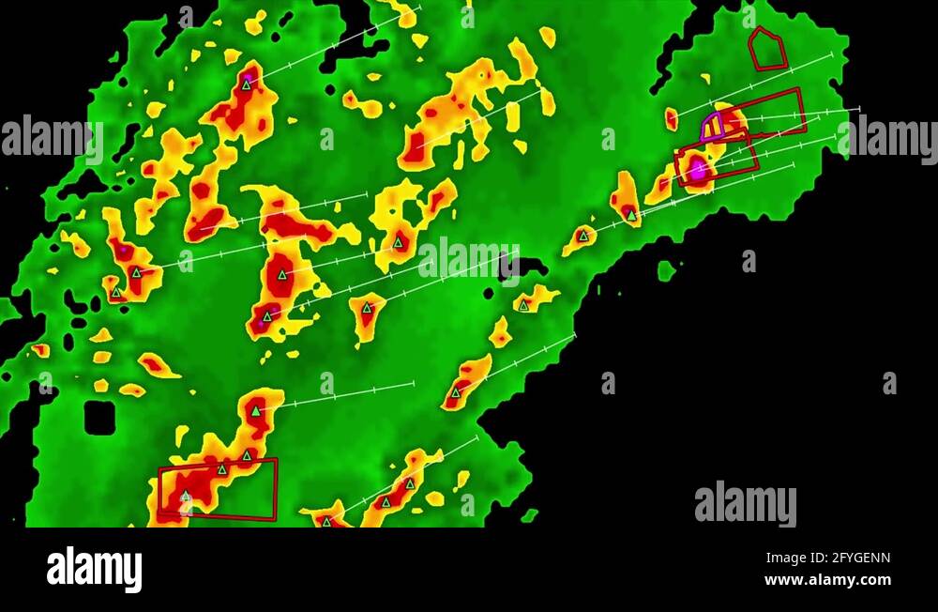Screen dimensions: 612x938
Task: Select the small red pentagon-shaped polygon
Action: [x=767, y=50]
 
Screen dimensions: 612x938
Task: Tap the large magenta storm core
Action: [x=698, y=170]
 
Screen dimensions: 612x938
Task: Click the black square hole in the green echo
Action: [x=99, y=418]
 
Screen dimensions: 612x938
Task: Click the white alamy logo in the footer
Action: [x=95, y=569]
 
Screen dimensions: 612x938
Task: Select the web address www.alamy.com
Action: [x=827, y=580]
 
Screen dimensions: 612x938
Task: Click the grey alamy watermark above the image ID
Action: [x=746, y=504]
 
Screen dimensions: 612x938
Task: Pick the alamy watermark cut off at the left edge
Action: [x=52, y=138]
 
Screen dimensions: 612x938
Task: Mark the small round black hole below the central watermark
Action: [x=489, y=293]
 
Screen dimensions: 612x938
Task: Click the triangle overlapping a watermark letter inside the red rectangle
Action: [x=185, y=496]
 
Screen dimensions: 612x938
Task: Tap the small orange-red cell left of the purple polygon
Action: [x=672, y=119]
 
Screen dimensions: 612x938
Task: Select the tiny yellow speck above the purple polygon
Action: [x=705, y=79]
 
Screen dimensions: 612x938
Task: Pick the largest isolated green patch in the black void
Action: [x=666, y=271]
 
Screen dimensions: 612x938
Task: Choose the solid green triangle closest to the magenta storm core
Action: [x=631, y=215]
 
